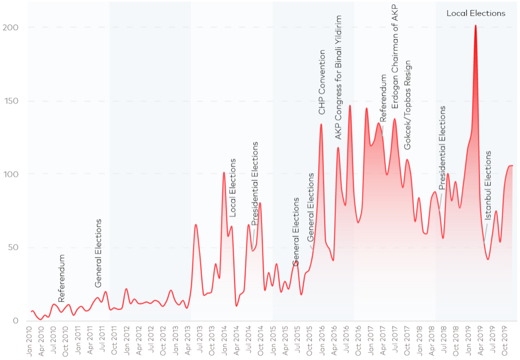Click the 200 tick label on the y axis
point(11,28)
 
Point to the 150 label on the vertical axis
point(11,101)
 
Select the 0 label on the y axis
point(15,321)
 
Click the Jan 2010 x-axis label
point(29,341)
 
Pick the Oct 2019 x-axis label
point(505,341)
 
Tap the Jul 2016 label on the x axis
point(346,341)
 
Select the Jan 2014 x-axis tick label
point(224,341)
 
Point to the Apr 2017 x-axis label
point(383,341)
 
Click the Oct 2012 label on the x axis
point(163,341)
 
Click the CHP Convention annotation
point(322,82)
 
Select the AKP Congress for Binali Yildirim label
point(338,77)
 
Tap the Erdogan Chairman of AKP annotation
point(395,57)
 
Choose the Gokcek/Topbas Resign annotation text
point(407,105)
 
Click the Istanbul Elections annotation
point(488,185)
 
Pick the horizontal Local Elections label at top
point(476,13)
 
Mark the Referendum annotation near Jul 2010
point(61,278)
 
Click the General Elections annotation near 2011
point(98,253)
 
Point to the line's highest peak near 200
point(475,25)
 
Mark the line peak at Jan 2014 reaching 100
point(224,172)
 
